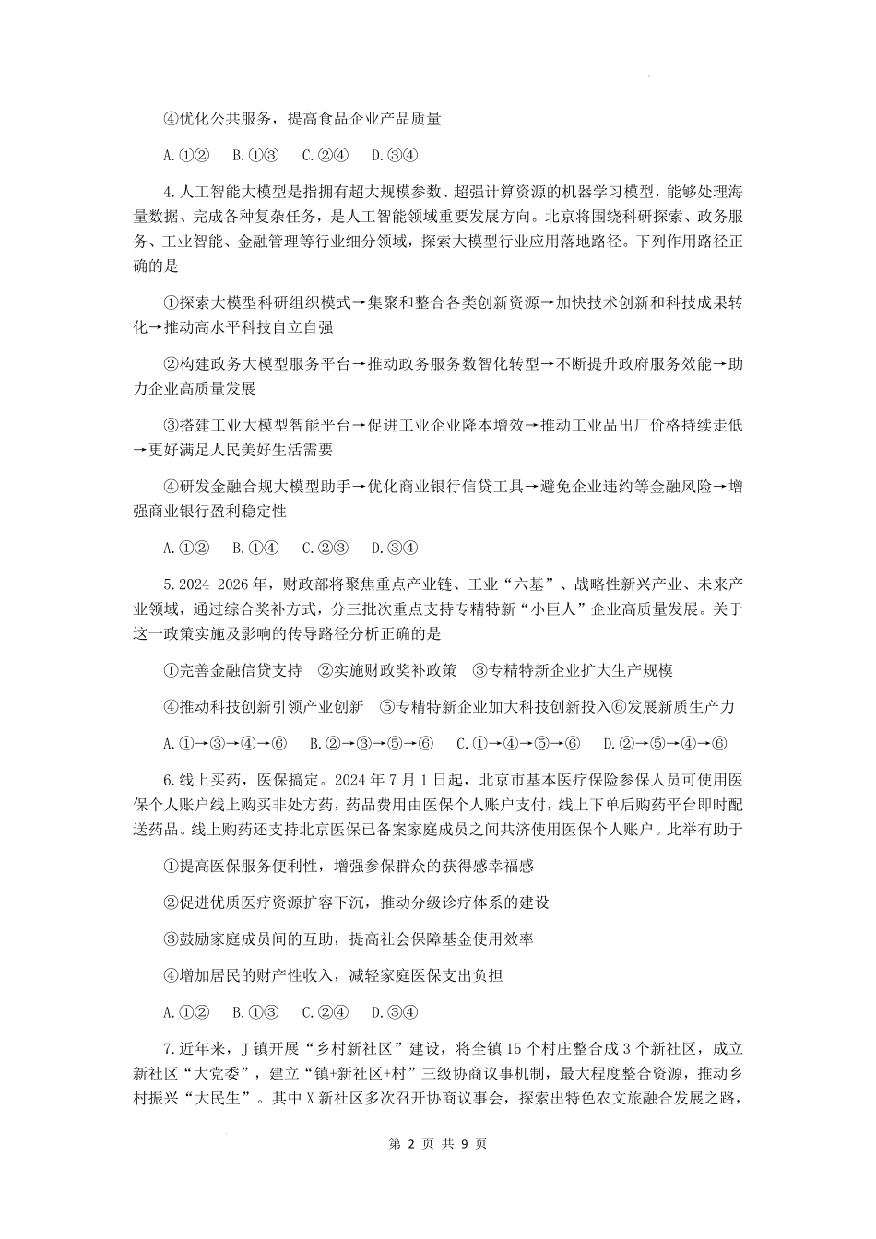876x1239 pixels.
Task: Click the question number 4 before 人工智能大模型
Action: click(x=168, y=193)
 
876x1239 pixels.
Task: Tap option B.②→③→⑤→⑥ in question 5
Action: click(x=371, y=743)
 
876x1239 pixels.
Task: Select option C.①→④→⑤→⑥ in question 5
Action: click(x=517, y=743)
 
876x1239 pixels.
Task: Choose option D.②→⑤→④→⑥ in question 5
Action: click(x=665, y=743)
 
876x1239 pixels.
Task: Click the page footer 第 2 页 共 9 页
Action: click(x=438, y=1143)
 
